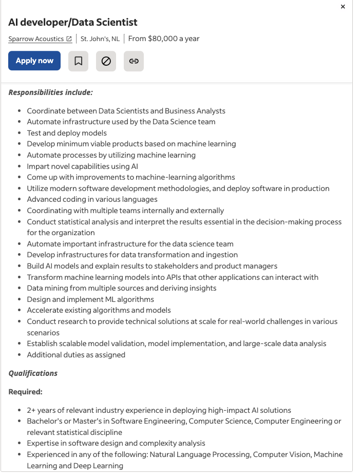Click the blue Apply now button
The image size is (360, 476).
pyautogui.click(x=34, y=61)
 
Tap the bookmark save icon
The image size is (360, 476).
pyautogui.click(x=78, y=61)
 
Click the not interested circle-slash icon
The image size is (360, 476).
pyautogui.click(x=106, y=61)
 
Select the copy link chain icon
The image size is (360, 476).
pyautogui.click(x=134, y=61)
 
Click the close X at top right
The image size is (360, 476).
pyautogui.click(x=343, y=7)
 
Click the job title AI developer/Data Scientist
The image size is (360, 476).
pyautogui.click(x=73, y=22)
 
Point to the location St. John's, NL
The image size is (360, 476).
pyautogui.click(x=100, y=39)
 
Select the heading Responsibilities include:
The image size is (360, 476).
pyautogui.click(x=50, y=92)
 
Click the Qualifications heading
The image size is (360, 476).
pyautogui.click(x=33, y=373)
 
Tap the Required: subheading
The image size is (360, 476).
pyautogui.click(x=25, y=392)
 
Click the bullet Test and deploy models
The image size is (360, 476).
pyautogui.click(x=67, y=133)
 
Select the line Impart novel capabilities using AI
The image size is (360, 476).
pyautogui.click(x=82, y=166)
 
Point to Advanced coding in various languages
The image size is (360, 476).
pyautogui.click(x=92, y=199)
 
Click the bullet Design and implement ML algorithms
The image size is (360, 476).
pyautogui.click(x=90, y=299)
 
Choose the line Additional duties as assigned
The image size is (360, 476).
pyautogui.click(x=76, y=355)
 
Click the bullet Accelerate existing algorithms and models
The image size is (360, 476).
pyautogui.click(x=99, y=310)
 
